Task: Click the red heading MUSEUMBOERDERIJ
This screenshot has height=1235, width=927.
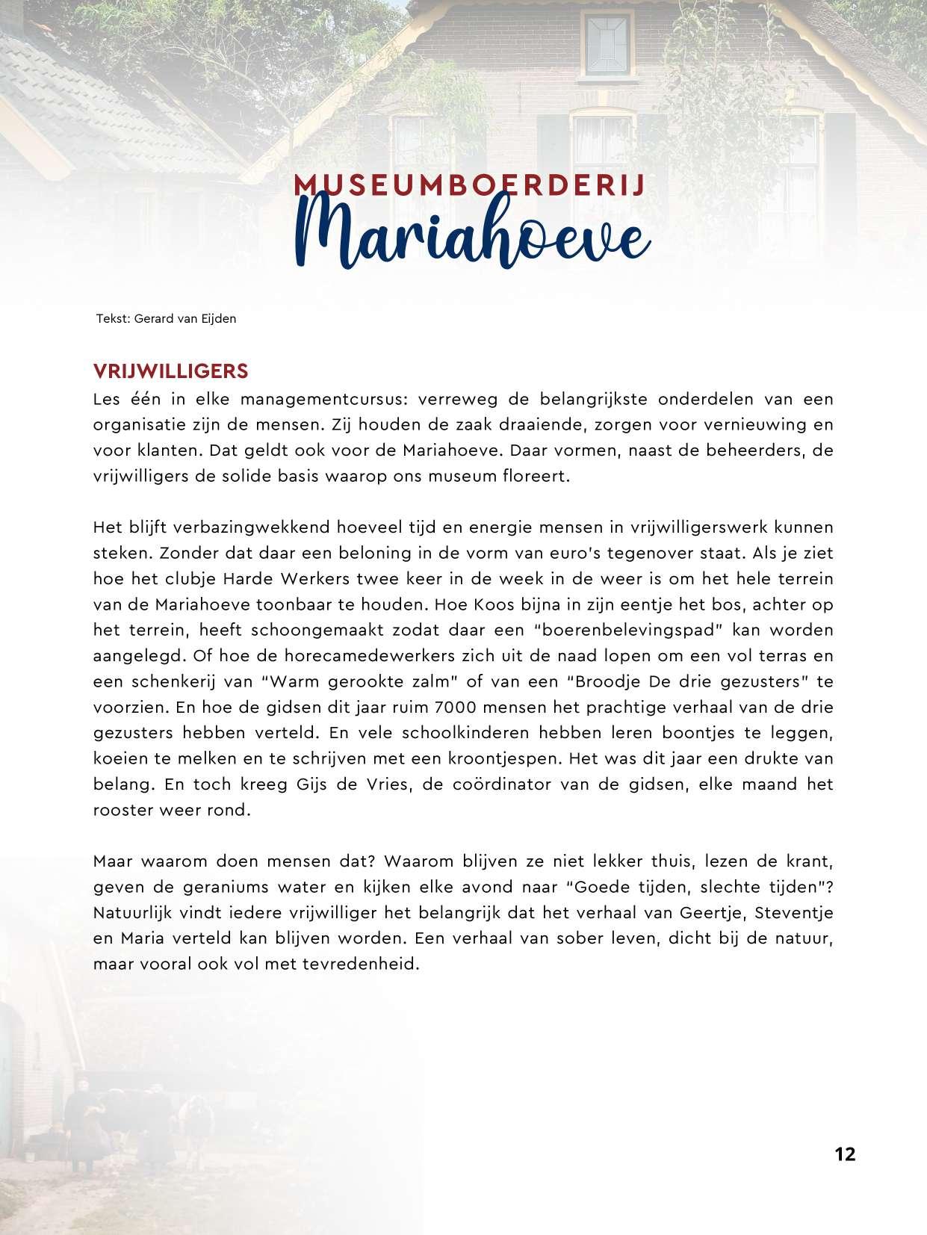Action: pos(470,185)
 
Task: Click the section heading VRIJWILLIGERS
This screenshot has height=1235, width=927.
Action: pos(170,371)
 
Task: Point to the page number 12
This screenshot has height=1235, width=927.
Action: pos(845,1154)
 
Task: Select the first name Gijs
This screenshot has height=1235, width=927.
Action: pos(312,784)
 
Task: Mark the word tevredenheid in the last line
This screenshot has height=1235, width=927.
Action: pos(352,964)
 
